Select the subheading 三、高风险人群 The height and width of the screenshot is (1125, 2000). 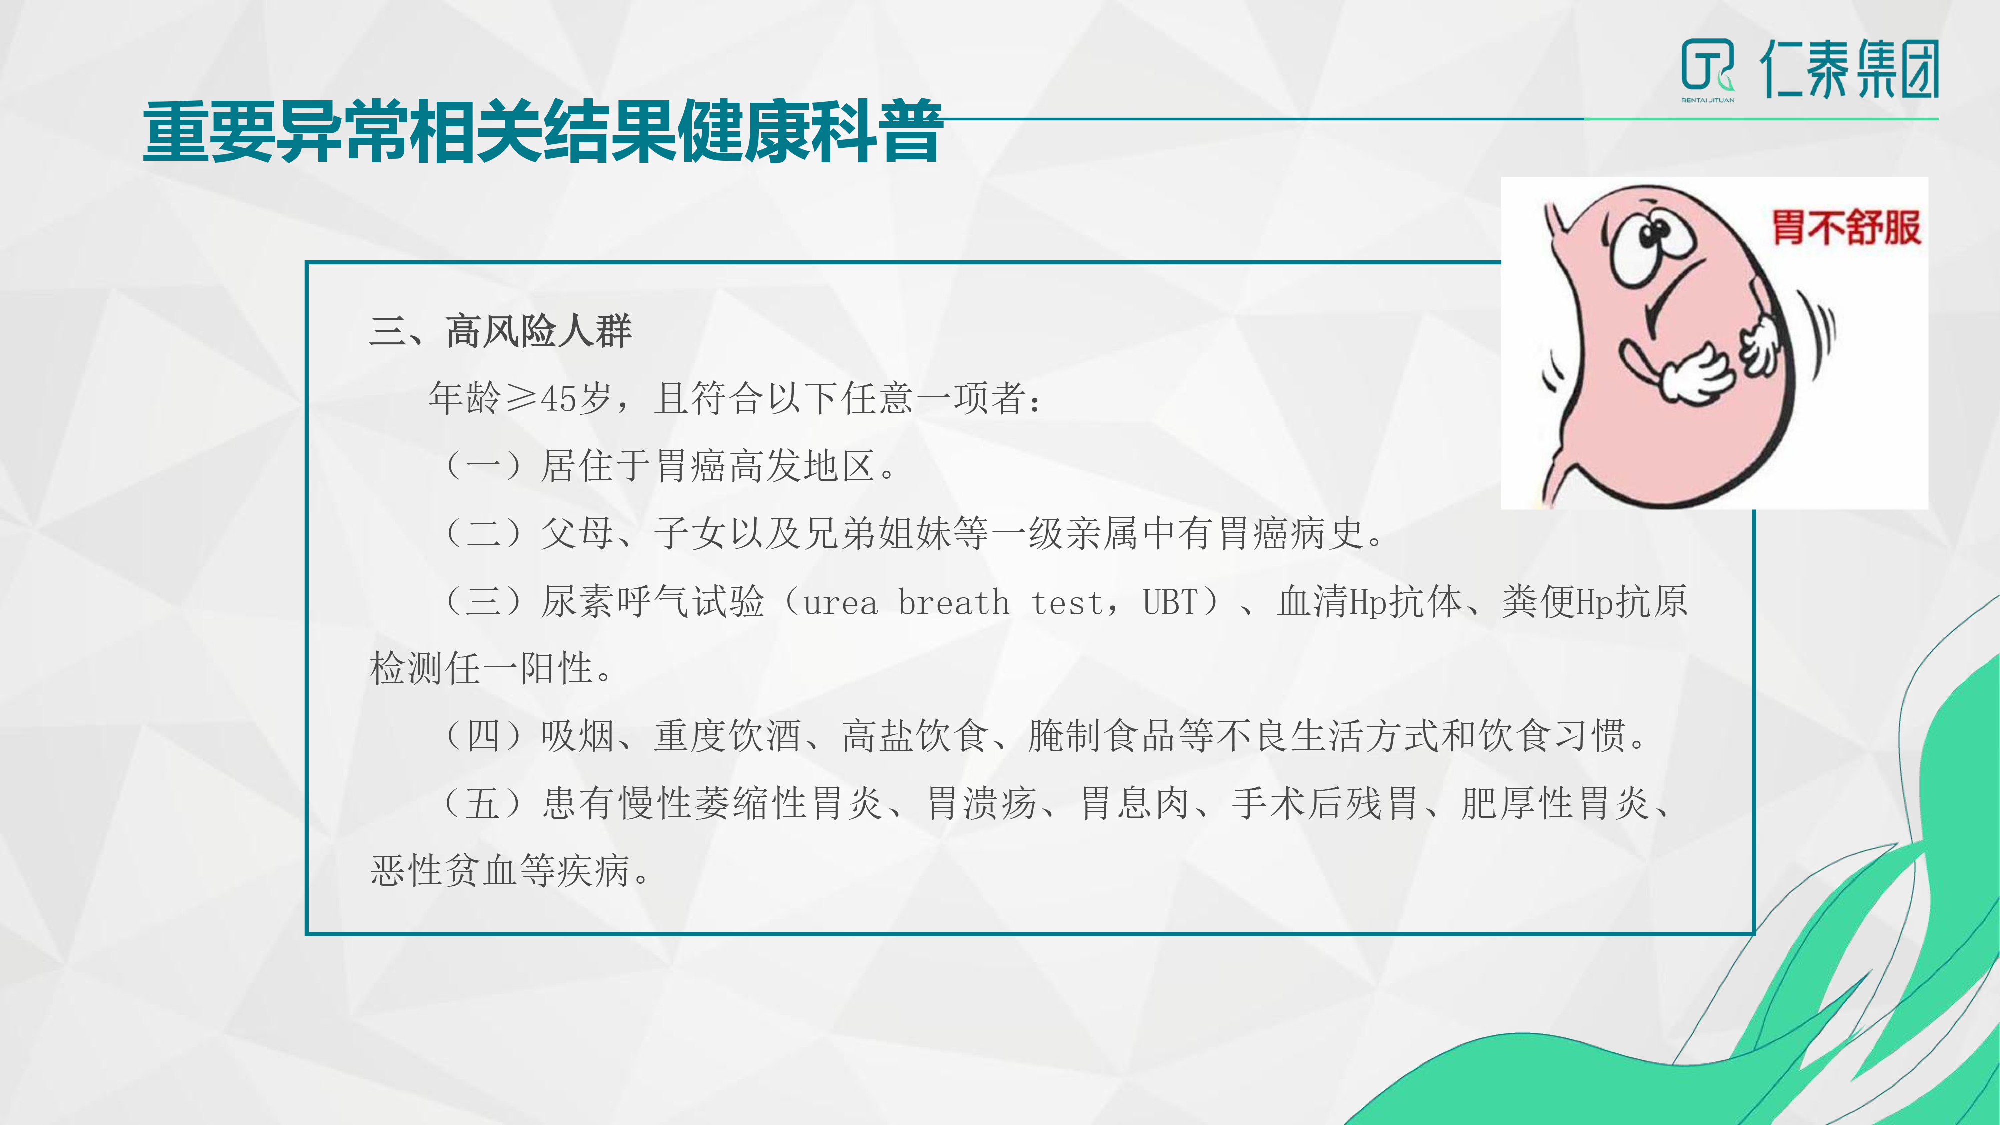tap(501, 331)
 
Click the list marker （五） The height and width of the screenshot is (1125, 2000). tap(482, 803)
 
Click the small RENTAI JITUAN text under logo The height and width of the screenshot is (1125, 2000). tap(1708, 100)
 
